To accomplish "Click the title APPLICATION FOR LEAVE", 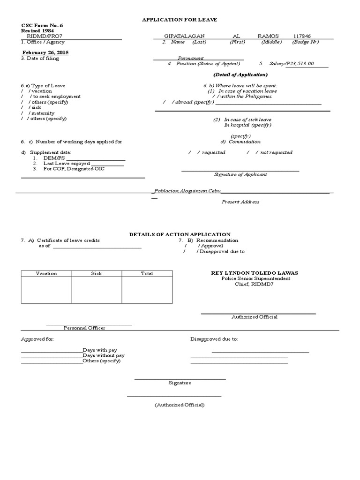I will coord(180,19).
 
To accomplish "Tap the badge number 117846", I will coord(301,36).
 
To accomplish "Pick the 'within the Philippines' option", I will coord(244,97).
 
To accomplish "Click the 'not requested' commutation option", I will coord(276,152).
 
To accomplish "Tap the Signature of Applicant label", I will coord(240,174).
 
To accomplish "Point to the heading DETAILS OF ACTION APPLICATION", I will coord(180,234).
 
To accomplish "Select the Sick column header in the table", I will coord(97,273).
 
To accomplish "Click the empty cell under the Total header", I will coord(147,290).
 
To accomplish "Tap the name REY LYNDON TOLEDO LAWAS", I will coord(255,273).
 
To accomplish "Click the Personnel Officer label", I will coord(84,328).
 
